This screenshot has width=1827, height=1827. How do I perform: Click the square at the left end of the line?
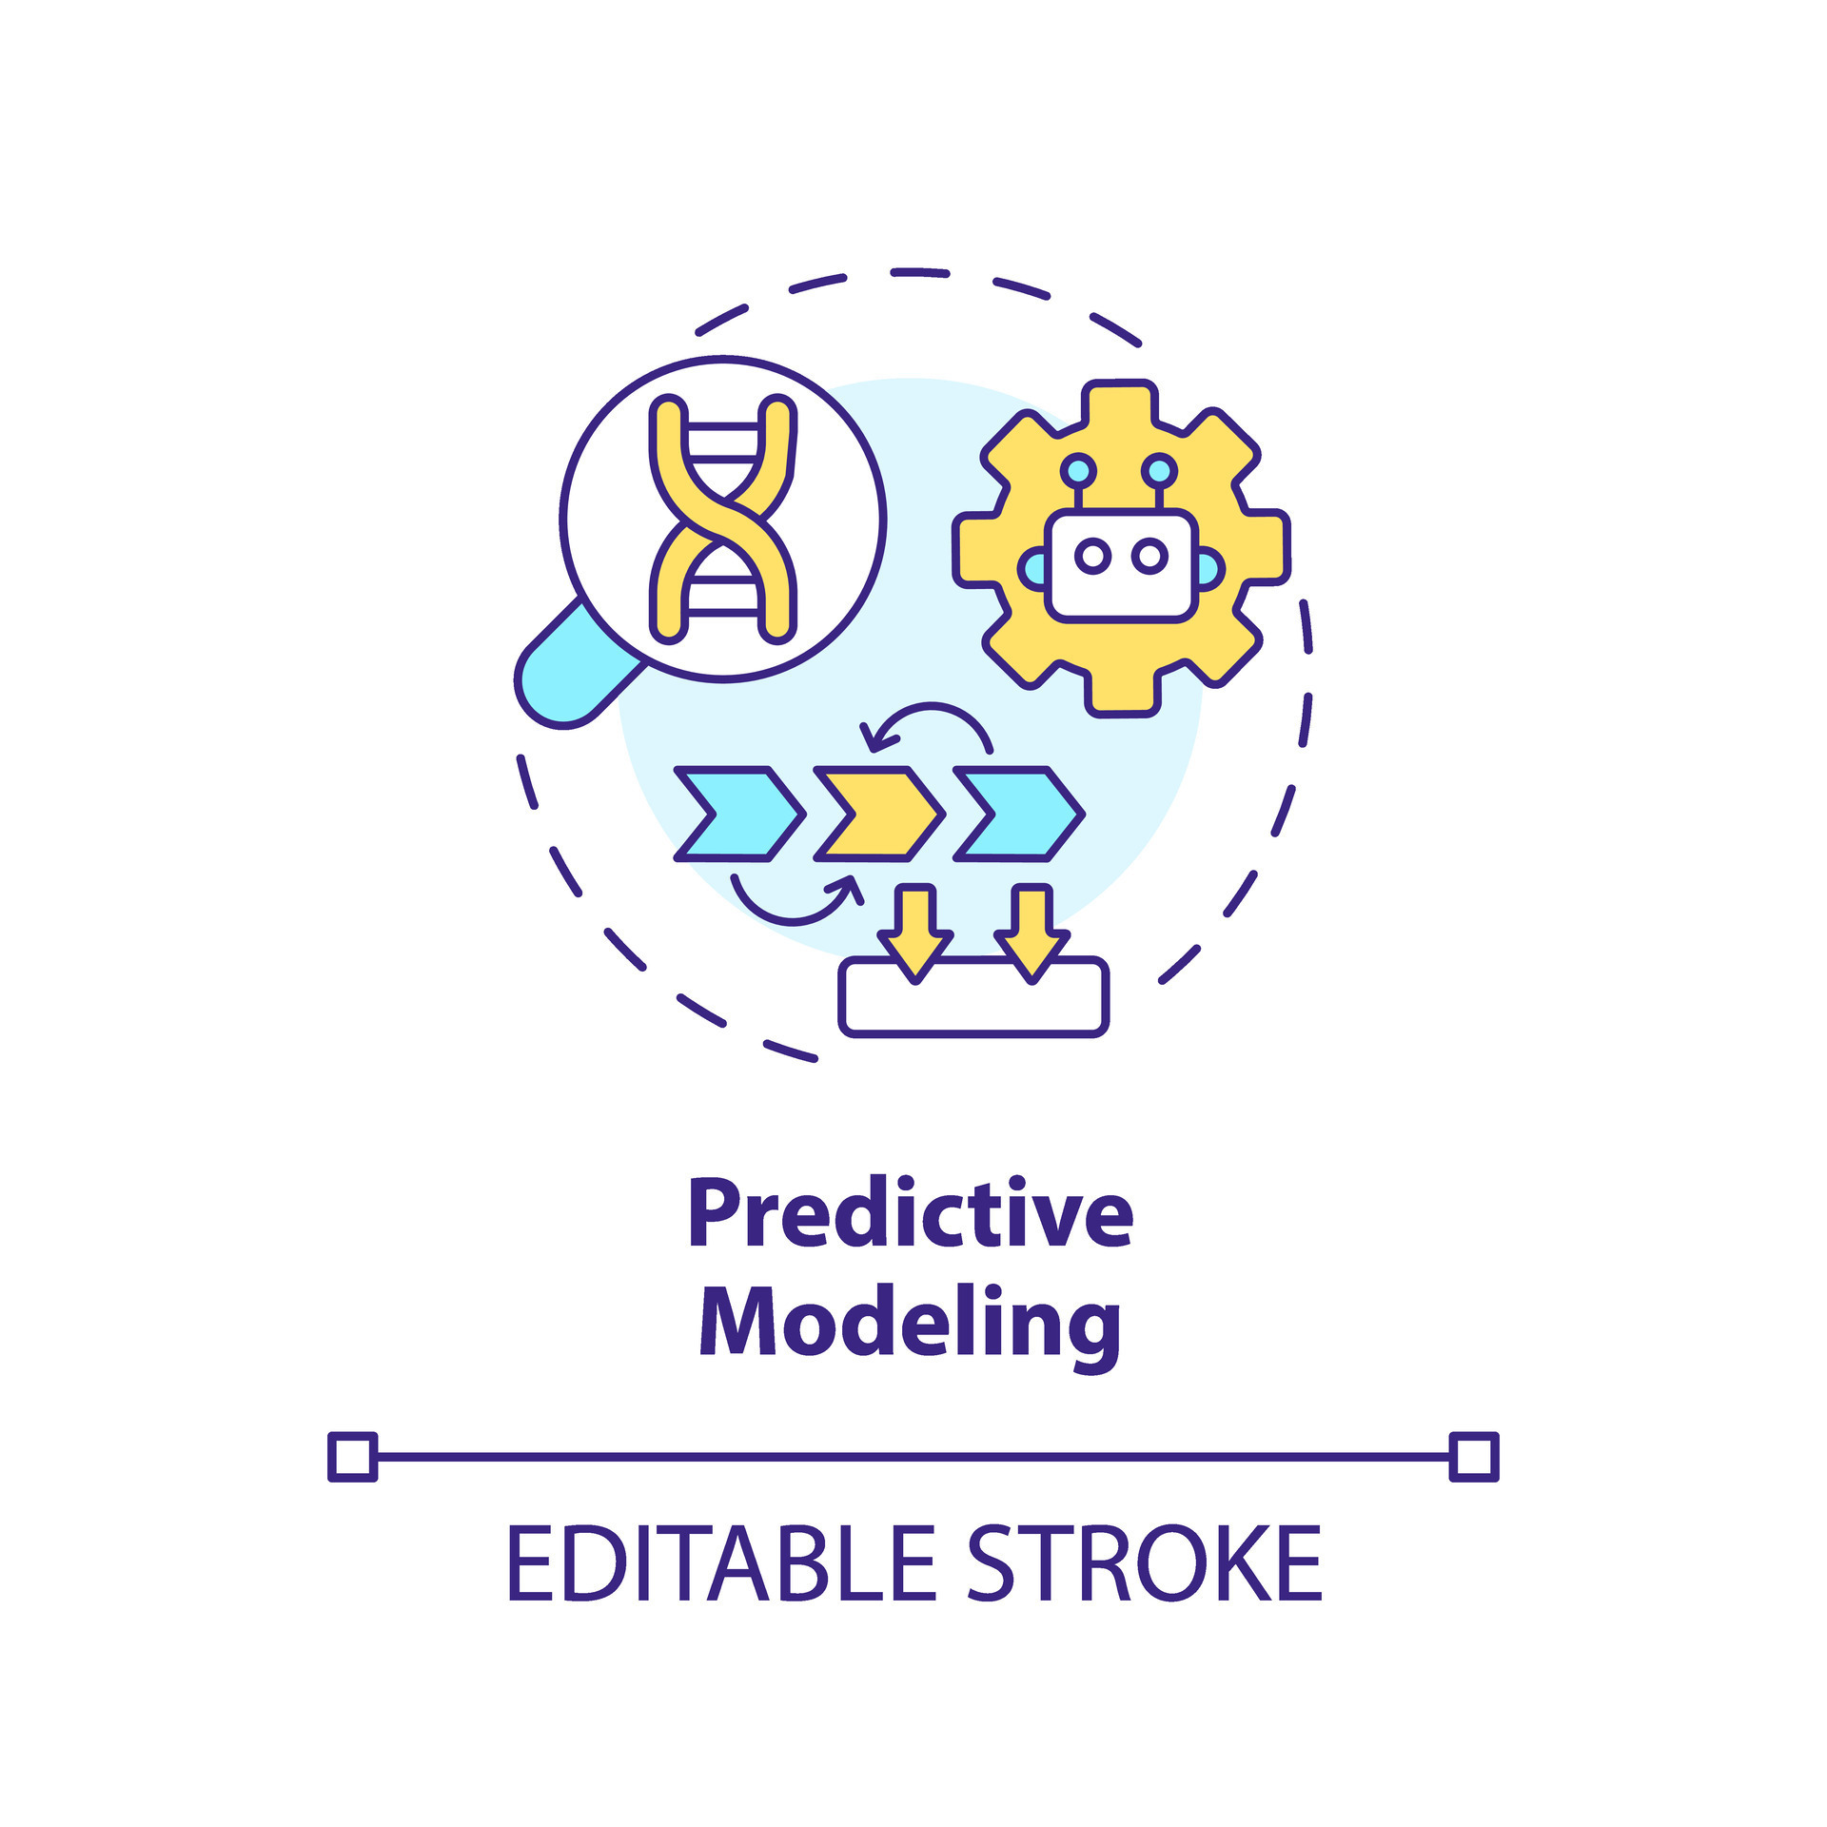(352, 1457)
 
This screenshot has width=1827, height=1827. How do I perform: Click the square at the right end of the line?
(1474, 1457)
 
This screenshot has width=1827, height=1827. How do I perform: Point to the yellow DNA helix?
(723, 519)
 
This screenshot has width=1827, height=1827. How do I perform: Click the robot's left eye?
(1092, 556)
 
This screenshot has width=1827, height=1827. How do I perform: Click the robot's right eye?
(1149, 556)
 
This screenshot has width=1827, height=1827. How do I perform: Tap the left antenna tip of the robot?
(1079, 470)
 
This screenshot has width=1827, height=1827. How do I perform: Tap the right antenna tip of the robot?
(1159, 470)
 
